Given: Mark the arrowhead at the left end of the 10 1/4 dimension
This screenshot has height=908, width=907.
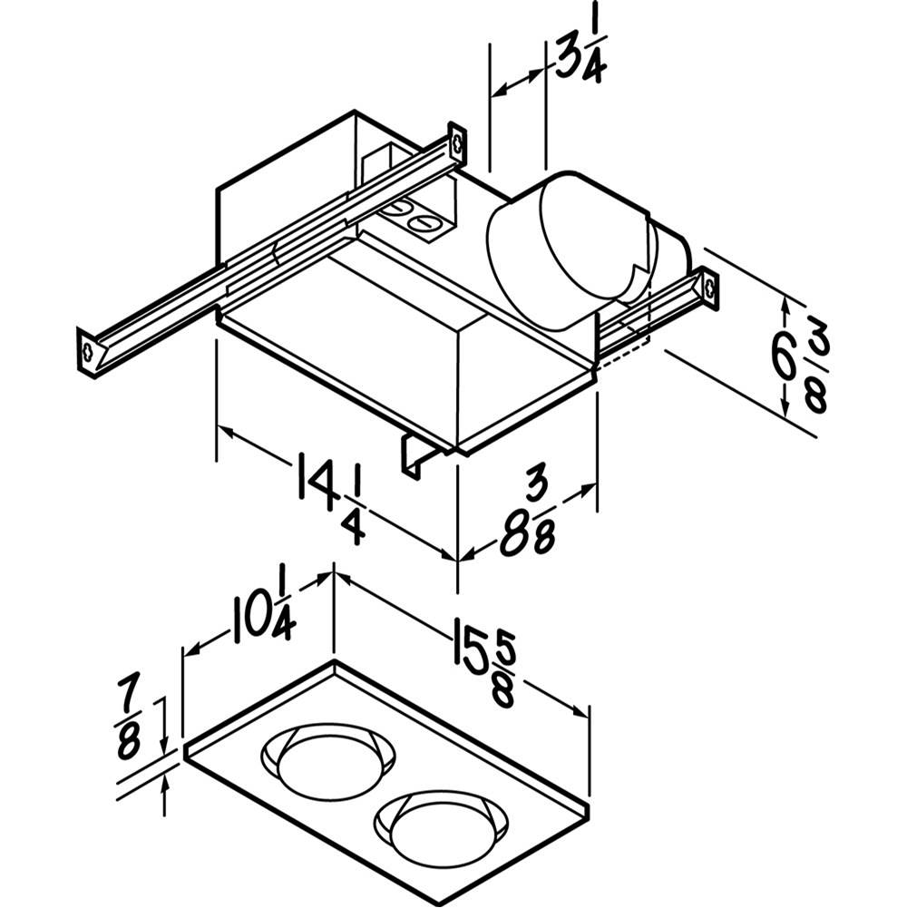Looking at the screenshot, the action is point(192,650).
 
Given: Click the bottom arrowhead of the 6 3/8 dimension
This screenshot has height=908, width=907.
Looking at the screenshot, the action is point(785,407).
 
